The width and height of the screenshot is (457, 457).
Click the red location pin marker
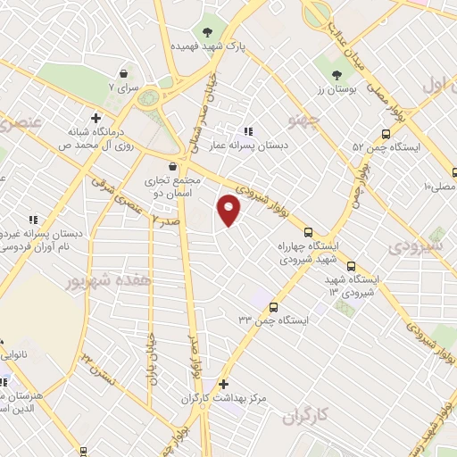tap(229, 211)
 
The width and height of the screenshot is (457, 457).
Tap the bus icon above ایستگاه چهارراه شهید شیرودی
tap(308, 229)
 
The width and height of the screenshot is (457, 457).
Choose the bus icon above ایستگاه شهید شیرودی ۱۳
tap(351, 265)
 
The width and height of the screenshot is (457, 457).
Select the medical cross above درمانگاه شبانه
tap(96, 117)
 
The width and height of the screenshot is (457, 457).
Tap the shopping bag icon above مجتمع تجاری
tap(173, 165)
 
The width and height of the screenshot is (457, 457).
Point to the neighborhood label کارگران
tap(307, 416)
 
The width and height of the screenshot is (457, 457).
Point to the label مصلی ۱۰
tap(440, 187)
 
